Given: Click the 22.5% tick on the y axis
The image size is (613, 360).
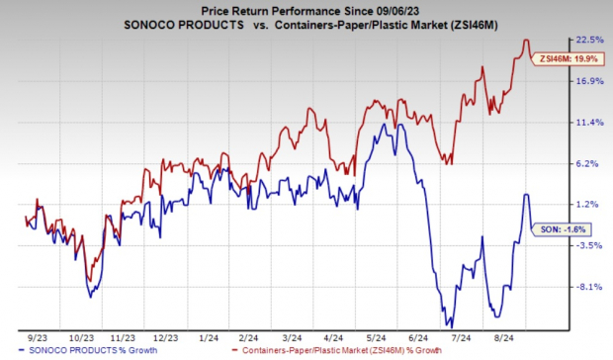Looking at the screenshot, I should tap(589, 40).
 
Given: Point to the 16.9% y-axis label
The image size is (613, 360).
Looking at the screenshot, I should tap(589, 81).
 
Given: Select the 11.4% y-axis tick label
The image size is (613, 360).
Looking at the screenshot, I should tap(589, 123).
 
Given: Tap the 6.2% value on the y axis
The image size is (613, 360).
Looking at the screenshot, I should tap(589, 164).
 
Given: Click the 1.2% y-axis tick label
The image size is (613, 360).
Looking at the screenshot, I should tap(589, 205).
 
